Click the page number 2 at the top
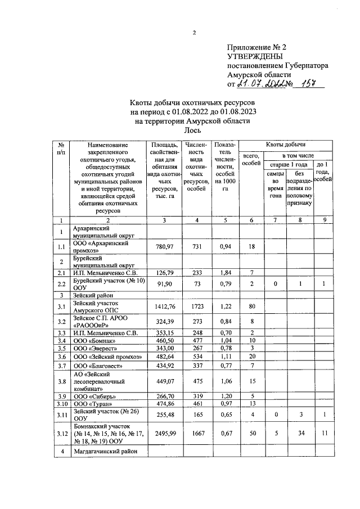click(x=194, y=32)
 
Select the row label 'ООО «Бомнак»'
click(x=94, y=341)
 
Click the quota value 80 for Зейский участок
click(x=253, y=306)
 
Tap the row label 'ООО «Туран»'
click(x=93, y=403)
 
